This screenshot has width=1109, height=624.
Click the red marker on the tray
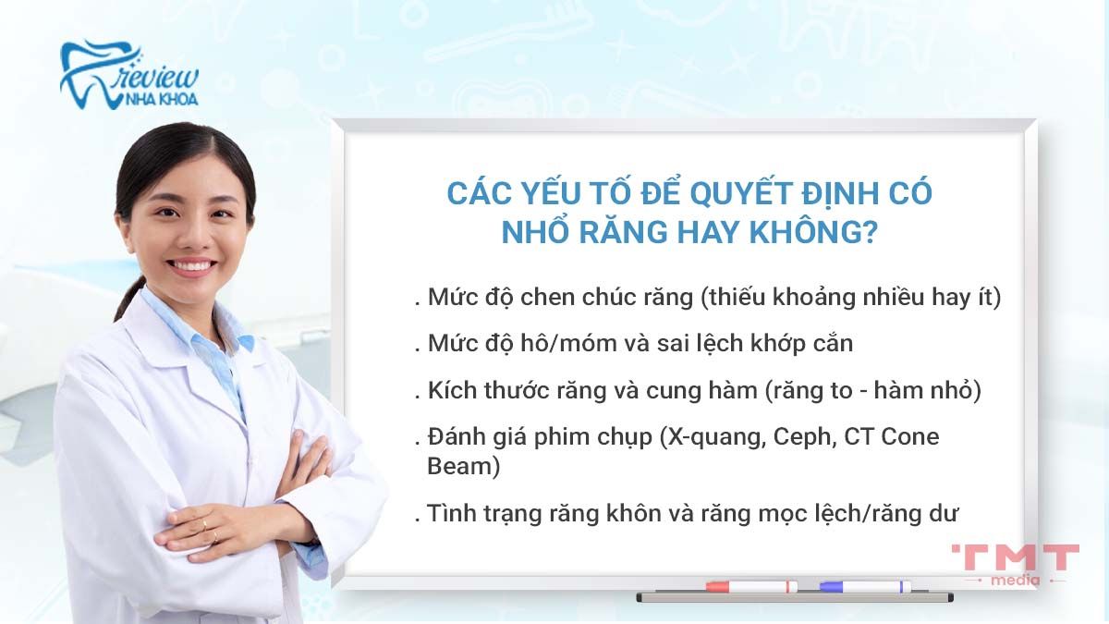coord(750,586)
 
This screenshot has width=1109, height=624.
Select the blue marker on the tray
coord(864,586)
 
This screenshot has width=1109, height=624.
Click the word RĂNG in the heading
coord(624,232)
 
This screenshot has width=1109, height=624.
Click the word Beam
coord(463,466)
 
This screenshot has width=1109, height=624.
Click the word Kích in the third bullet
coord(450,389)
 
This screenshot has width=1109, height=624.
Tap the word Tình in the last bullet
coord(451,512)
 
